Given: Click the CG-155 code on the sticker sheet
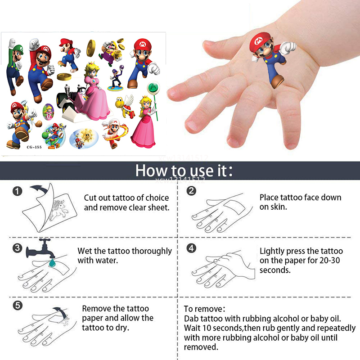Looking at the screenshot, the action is point(34,147).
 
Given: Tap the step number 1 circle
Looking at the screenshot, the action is point(18,191).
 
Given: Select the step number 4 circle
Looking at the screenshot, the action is point(191,248).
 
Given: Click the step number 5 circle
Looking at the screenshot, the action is point(18,306).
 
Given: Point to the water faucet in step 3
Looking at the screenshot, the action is point(41,248).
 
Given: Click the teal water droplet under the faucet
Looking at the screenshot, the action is point(52,263).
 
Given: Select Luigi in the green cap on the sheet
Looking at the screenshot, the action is point(15,66).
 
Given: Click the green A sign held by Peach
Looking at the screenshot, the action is point(153,88).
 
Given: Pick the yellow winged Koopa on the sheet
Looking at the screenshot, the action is point(125,106).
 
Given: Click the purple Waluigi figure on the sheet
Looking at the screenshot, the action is point(117,78).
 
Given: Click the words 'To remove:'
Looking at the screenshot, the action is point(204,309).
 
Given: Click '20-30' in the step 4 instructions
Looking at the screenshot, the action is point(329,261).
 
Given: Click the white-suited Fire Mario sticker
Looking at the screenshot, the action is point(114,133).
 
